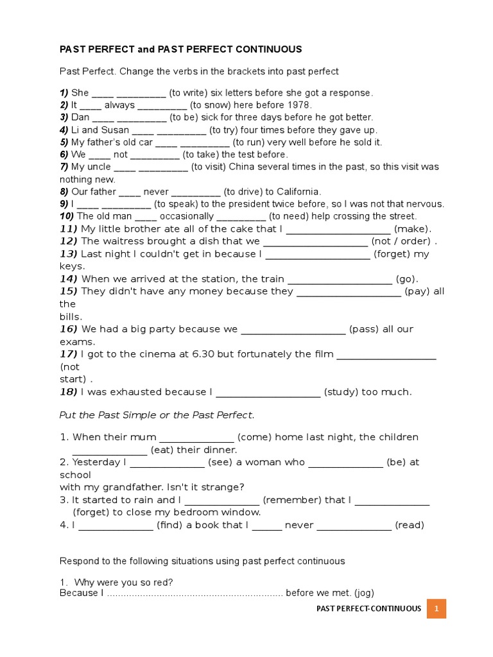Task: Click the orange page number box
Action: click(437, 608)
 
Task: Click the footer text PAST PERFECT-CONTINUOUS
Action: click(368, 608)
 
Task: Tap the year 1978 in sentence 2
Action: click(298, 105)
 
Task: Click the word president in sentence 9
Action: click(278, 204)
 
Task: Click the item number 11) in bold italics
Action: click(69, 229)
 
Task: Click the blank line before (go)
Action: click(340, 279)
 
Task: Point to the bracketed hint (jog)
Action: click(361, 593)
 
